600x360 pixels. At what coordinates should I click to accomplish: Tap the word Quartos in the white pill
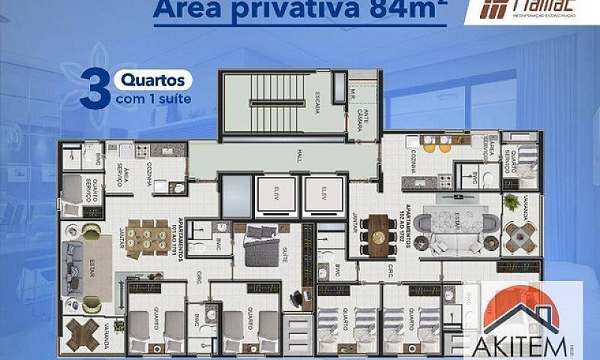click(153, 79)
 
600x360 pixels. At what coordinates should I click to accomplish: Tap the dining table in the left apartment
click(148, 238)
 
